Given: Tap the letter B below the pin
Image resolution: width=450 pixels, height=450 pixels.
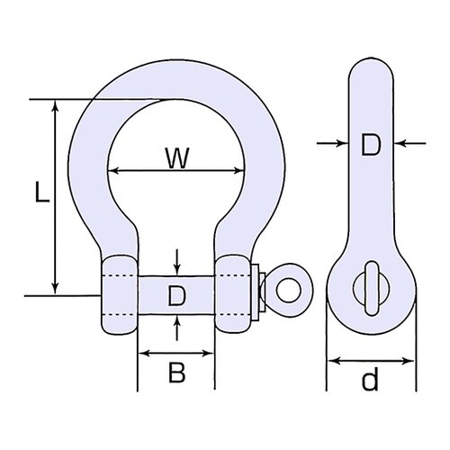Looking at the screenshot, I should pyautogui.click(x=177, y=373).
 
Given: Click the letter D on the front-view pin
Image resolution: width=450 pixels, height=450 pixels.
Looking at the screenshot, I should pyautogui.click(x=177, y=295).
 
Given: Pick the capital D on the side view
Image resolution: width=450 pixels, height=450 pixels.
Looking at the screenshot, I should pyautogui.click(x=371, y=145).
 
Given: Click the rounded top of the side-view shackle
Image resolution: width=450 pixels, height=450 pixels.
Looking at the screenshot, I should pyautogui.click(x=370, y=67).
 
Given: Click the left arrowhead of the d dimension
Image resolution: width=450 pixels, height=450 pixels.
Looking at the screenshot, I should pyautogui.click(x=330, y=361).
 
